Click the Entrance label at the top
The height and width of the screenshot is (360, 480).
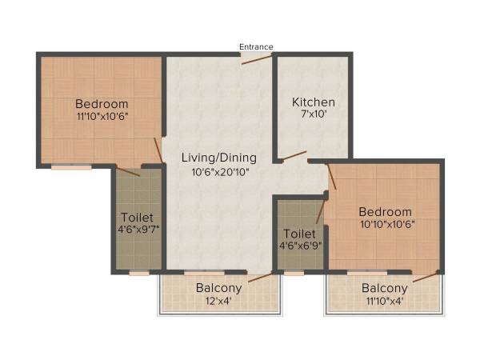256,46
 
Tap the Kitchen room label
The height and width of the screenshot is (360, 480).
313,102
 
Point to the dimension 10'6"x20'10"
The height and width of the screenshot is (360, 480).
218,171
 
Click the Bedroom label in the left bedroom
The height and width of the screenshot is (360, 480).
102,103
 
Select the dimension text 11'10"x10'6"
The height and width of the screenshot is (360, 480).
102,118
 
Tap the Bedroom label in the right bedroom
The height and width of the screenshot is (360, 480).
386,212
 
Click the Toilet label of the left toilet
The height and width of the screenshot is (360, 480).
137,217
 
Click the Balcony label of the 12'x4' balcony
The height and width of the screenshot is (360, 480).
218,288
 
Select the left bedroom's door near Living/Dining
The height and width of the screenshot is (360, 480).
158,150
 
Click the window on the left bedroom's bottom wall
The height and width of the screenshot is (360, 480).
71,167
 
